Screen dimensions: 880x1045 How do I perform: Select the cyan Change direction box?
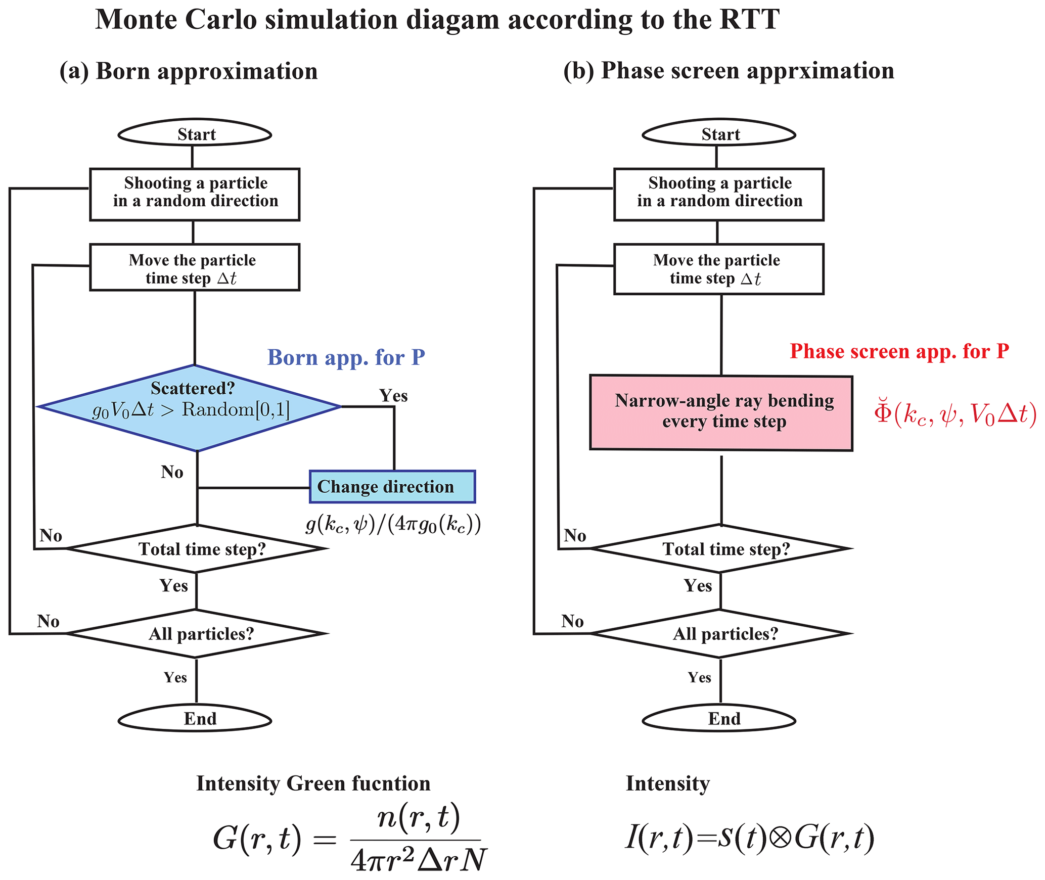pyautogui.click(x=392, y=487)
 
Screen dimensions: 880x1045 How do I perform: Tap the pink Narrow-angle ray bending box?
pyautogui.click(x=721, y=412)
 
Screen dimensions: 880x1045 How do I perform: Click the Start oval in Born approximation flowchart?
pyautogui.click(x=195, y=134)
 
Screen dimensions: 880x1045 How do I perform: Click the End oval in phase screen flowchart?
pyautogui.click(x=719, y=719)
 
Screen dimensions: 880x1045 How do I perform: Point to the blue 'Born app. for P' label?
pyautogui.click(x=346, y=358)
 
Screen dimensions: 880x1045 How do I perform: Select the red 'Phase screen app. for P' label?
pyautogui.click(x=899, y=351)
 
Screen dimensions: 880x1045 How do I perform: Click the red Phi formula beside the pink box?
pyautogui.click(x=955, y=414)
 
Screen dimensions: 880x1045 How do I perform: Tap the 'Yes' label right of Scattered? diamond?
pyautogui.click(x=393, y=396)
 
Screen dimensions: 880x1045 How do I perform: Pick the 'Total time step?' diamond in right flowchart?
pyautogui.click(x=721, y=549)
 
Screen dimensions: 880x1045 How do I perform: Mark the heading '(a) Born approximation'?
pyautogui.click(x=189, y=71)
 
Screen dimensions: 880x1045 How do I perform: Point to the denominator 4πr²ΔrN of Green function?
pyautogui.click(x=418, y=859)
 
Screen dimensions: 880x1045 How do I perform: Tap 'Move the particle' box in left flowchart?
pyautogui.click(x=195, y=268)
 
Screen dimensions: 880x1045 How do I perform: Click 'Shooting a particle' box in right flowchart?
pyautogui.click(x=719, y=195)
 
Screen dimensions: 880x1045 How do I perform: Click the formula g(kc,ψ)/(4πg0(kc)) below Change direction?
pyautogui.click(x=393, y=525)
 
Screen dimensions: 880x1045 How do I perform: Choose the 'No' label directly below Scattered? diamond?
pyautogui.click(x=172, y=472)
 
